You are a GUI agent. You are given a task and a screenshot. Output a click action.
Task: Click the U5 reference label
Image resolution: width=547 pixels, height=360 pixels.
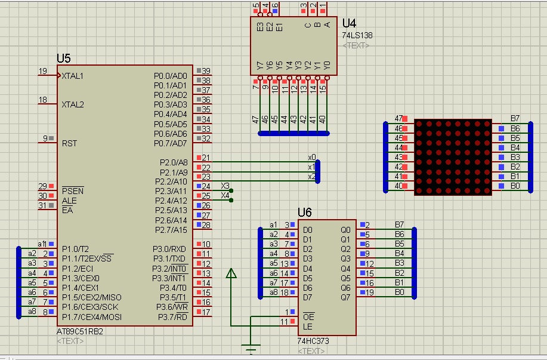coord(63,58)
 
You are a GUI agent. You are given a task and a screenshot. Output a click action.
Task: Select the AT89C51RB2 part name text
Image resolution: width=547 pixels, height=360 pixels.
coord(79,331)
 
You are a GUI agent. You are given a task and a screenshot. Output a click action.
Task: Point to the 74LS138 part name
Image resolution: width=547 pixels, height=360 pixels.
coord(357,35)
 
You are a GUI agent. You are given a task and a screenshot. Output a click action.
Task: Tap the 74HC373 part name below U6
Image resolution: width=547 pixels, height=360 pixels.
coord(313,341)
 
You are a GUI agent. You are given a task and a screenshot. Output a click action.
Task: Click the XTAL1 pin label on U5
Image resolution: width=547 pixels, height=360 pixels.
coord(73,76)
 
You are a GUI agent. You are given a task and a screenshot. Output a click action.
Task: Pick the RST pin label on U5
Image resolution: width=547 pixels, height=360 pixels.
coord(69,143)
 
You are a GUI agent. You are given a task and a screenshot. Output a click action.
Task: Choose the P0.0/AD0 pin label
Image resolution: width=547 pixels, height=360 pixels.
coord(170,76)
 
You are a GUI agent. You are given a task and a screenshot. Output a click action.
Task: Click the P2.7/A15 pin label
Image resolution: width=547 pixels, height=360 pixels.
coord(171,230)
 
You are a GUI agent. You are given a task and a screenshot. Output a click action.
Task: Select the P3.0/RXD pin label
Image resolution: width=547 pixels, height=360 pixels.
coord(169,249)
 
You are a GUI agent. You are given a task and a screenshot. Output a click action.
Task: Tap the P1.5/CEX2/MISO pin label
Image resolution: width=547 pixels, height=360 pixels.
coord(92,297)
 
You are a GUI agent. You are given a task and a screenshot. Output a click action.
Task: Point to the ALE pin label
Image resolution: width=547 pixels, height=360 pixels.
coord(69,201)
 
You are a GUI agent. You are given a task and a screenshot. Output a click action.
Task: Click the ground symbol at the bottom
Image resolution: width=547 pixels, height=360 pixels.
coord(251,348)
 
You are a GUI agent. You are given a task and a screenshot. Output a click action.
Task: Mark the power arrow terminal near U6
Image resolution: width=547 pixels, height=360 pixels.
coord(231,273)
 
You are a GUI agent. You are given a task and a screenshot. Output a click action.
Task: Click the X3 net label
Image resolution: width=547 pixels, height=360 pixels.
coord(225,186)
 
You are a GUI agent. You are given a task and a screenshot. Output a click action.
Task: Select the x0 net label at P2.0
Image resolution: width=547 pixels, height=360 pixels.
coord(312,157)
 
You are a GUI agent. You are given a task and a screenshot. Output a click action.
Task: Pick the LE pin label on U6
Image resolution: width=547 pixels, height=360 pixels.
coord(307,327)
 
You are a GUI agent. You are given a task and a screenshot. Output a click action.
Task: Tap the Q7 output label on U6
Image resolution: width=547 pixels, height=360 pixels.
coord(345,297)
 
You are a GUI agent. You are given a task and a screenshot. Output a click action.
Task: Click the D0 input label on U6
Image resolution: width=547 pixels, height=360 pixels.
coord(307,230)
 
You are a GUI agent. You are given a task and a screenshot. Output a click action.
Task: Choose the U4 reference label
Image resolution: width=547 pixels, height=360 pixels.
coord(349,23)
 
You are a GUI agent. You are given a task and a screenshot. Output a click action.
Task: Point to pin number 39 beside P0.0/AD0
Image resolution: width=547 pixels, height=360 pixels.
coord(206,71)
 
